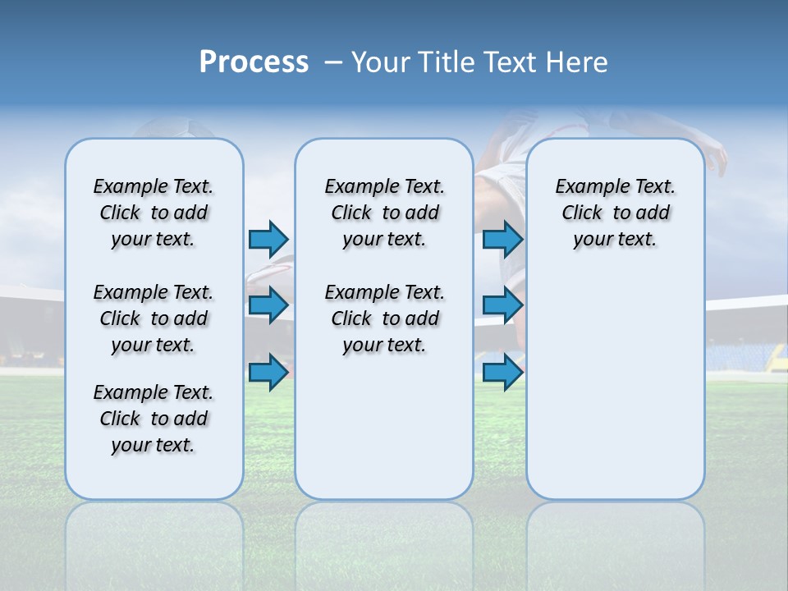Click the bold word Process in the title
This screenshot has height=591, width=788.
coord(254,62)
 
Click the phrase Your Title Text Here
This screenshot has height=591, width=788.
coord(479,62)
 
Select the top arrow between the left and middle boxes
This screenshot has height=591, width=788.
coord(268,239)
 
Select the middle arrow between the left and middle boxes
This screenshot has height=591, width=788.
coord(268,305)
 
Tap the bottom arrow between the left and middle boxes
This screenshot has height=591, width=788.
coord(268,373)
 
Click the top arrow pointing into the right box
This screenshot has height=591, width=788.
coord(502,239)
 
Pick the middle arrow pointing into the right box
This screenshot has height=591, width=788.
coord(502,305)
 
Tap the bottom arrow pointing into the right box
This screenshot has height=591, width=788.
coord(502,373)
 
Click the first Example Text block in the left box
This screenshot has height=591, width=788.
coord(153,213)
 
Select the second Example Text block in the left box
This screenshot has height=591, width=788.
coord(153,318)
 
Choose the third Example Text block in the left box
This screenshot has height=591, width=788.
coord(153,419)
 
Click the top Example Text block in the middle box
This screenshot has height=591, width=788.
coord(384,213)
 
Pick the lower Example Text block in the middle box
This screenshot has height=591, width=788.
coord(384,318)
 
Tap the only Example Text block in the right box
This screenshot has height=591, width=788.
coord(616,213)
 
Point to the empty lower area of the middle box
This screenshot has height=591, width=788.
coord(384,427)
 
